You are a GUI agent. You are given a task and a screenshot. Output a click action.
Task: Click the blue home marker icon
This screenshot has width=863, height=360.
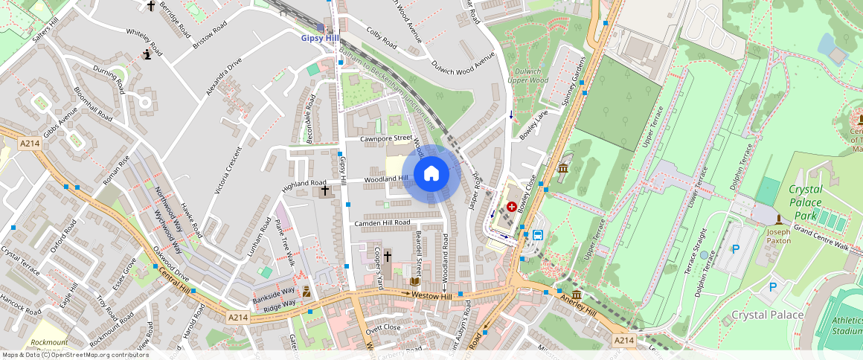tap(431, 174)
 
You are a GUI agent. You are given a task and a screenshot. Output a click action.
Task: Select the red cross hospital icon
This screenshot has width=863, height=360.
tap(512, 205)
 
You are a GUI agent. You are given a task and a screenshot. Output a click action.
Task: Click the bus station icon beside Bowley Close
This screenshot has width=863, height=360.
tap(537, 235)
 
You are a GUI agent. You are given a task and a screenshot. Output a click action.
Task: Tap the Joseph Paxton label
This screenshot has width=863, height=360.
tap(778, 237)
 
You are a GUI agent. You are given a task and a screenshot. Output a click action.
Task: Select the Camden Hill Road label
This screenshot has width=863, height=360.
tap(382, 222)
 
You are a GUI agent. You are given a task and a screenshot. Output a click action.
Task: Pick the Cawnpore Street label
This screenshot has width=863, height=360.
tap(385, 138)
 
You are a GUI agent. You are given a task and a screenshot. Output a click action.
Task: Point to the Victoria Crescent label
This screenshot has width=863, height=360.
tap(228, 171)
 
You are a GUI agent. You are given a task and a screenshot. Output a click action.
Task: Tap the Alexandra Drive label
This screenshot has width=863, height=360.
tap(224, 81)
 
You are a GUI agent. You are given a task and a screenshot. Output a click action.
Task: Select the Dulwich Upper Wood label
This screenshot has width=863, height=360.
tap(528, 76)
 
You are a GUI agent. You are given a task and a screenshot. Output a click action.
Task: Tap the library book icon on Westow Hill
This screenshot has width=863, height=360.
tap(415, 281)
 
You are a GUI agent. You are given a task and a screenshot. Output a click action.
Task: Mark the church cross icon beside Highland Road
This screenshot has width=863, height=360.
tap(324, 192)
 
